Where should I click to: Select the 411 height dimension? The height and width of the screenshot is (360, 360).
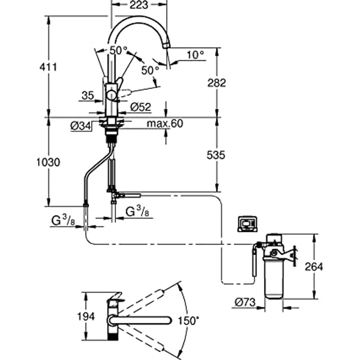48,67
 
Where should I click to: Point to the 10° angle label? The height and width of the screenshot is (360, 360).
195,55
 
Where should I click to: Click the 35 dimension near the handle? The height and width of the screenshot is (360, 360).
88,96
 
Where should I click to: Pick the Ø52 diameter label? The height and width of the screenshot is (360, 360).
141,106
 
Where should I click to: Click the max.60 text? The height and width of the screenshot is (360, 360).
165,124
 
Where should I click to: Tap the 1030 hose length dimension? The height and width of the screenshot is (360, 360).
48,162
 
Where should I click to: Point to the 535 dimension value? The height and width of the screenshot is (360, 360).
216,155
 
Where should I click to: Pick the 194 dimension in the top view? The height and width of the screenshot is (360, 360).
86,317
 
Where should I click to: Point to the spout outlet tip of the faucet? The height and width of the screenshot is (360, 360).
167,46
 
